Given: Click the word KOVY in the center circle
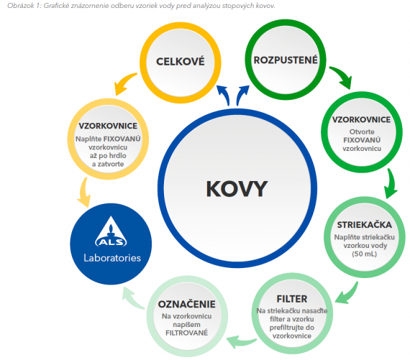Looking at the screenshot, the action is coord(237,188).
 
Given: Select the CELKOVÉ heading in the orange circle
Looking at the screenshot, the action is coord(181,62).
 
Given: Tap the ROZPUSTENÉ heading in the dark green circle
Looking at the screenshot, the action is coord(286,60).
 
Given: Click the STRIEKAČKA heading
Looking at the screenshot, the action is coord(364,225).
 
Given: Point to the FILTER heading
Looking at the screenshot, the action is coord(292,299).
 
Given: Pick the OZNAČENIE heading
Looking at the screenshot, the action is coord(187,304).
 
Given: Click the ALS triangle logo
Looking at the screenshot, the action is coord(111,231).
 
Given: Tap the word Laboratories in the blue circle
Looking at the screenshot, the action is coord(112,258).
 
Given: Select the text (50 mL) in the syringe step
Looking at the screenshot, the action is coord(364,254).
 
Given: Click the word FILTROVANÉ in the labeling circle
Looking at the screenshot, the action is coord(187,333).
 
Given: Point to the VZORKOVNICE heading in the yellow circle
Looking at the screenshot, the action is coord(108,126).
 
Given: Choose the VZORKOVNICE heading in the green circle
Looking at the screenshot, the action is coord(362,120).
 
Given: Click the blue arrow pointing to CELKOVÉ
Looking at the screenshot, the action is coord(224,95).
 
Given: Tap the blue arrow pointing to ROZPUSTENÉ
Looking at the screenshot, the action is coord(242,95).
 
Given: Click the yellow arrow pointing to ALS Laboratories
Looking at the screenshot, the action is coord(84,193).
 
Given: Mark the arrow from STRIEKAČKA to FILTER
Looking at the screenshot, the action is coord(349,295).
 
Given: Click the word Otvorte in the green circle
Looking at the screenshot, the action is coord(362,131).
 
